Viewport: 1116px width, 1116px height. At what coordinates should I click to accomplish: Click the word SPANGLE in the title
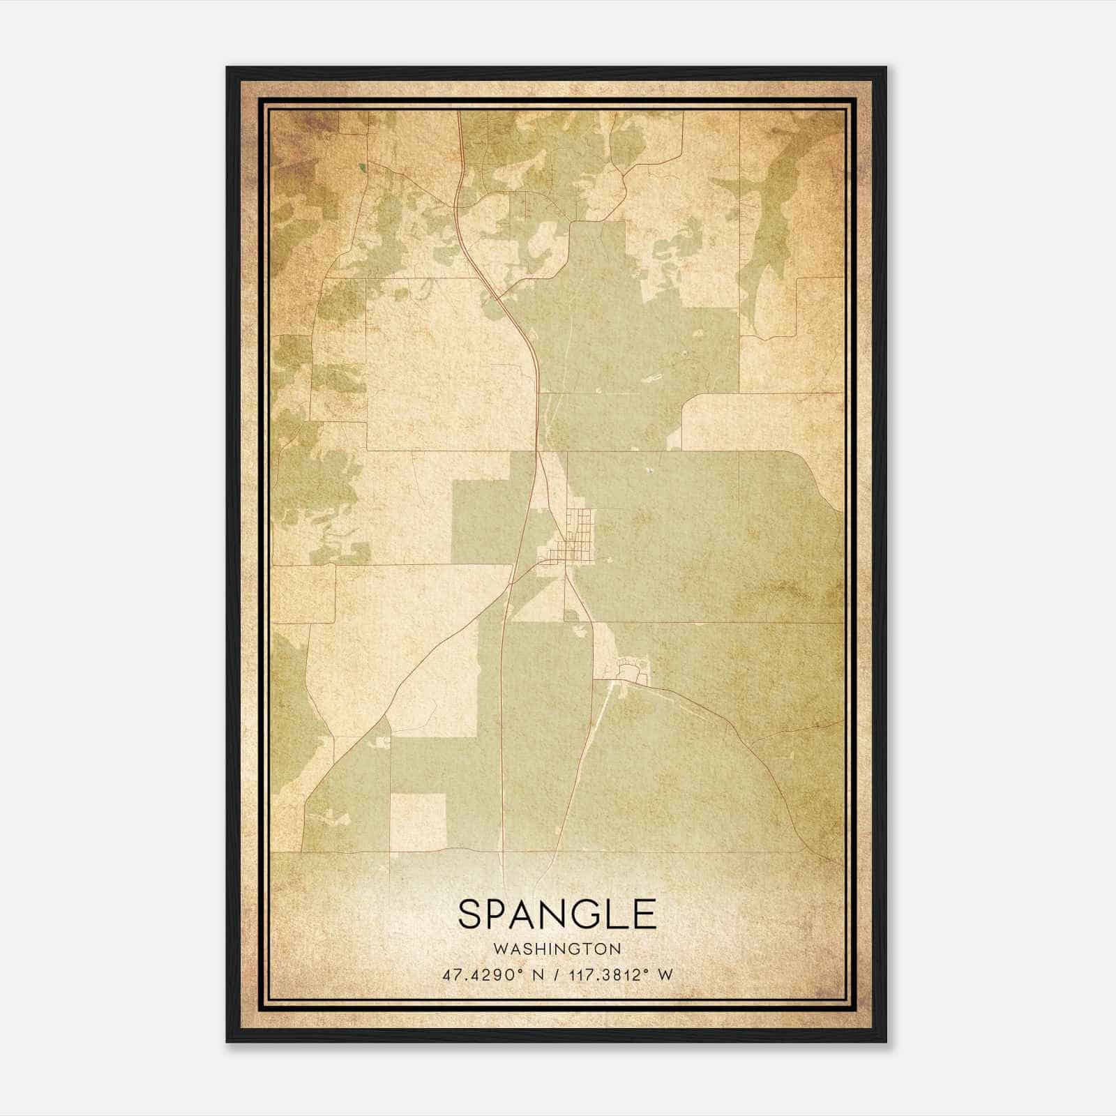click(557, 914)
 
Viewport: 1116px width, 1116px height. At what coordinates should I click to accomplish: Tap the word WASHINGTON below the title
click(557, 949)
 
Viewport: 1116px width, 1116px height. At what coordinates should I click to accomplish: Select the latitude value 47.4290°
click(482, 974)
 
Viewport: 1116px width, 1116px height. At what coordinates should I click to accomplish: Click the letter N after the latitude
click(538, 974)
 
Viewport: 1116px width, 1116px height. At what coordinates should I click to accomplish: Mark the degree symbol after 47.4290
click(521, 971)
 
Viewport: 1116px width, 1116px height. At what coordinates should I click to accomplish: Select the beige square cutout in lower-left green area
click(417, 822)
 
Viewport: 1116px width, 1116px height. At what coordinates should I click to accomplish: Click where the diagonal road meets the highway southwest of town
click(511, 583)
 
